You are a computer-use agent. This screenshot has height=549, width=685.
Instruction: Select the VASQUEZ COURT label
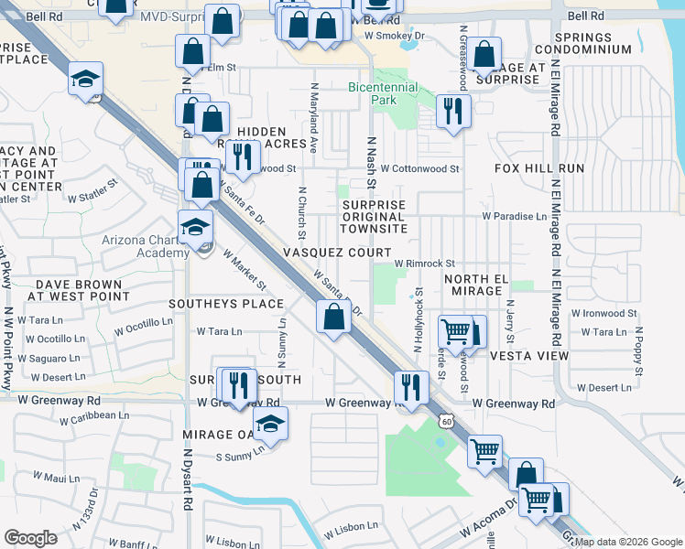tap(337, 252)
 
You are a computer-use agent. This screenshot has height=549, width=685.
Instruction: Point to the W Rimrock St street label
tap(425, 264)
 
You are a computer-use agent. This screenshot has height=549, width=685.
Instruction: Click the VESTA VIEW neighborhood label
tap(529, 355)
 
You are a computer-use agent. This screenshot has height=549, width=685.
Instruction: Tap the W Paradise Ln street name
tap(515, 217)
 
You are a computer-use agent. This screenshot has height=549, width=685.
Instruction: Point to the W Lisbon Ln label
tap(343, 526)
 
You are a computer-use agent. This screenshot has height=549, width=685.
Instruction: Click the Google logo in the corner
tap(30, 538)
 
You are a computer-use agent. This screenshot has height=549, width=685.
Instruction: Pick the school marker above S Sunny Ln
tap(270, 424)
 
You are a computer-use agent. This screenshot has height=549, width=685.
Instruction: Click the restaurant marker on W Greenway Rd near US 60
tap(411, 387)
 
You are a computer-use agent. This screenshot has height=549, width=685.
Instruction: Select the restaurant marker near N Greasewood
tap(453, 112)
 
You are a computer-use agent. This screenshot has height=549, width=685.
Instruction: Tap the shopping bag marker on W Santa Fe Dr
tap(334, 318)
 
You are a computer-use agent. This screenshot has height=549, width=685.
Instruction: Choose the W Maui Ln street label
tap(58, 477)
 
